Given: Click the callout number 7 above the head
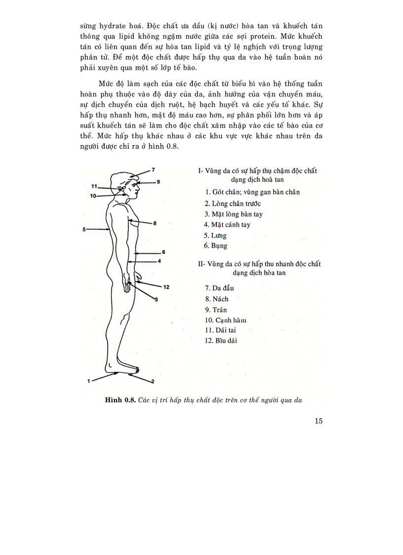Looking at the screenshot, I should tap(154, 170).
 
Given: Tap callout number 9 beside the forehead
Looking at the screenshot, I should tap(159, 182).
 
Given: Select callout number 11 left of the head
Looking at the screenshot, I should tap(94, 186).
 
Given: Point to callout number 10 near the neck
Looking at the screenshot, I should tap(93, 196).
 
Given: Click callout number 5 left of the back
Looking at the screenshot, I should tap(84, 229).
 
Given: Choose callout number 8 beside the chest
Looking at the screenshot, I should tap(155, 223).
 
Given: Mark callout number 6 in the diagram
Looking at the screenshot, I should tap(163, 252).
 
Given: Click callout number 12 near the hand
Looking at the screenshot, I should tap(166, 287).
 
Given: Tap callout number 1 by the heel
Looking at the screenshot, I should tap(88, 381).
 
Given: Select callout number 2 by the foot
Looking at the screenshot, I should tap(153, 381).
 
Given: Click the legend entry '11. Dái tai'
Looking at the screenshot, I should tap(220, 331).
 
